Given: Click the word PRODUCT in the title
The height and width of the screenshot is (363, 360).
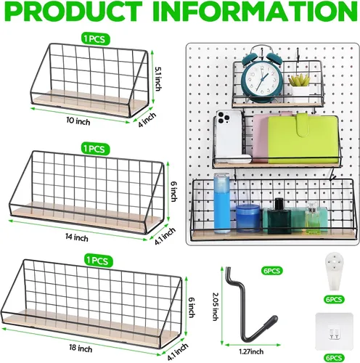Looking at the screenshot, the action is [x=75, y=12].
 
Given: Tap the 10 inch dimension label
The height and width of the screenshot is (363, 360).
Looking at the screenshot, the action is [x=78, y=121].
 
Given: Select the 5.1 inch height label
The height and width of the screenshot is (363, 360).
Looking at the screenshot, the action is [x=157, y=78].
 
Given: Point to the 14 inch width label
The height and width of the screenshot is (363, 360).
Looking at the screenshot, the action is [x=77, y=237].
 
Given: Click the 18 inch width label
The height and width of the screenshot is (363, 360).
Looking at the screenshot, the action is [x=81, y=348].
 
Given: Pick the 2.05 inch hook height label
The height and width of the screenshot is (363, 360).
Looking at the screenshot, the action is [x=216, y=307].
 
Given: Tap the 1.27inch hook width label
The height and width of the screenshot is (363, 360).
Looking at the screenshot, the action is [x=251, y=351].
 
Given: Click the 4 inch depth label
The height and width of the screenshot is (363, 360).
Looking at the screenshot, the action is [x=147, y=120].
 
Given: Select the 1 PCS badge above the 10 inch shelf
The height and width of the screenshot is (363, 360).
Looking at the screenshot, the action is [x=95, y=38].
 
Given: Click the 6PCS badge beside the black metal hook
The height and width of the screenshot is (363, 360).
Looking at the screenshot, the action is [x=272, y=271].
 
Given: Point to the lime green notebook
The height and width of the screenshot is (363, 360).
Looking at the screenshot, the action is [x=303, y=139].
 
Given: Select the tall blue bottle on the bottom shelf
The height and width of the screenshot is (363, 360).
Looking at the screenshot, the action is [x=222, y=203].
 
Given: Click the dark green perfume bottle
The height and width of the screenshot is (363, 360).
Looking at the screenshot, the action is [x=279, y=216].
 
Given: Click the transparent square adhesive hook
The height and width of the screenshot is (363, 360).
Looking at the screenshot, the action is [x=334, y=332].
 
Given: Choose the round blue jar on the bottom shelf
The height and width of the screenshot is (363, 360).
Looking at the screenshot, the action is [x=247, y=219].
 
